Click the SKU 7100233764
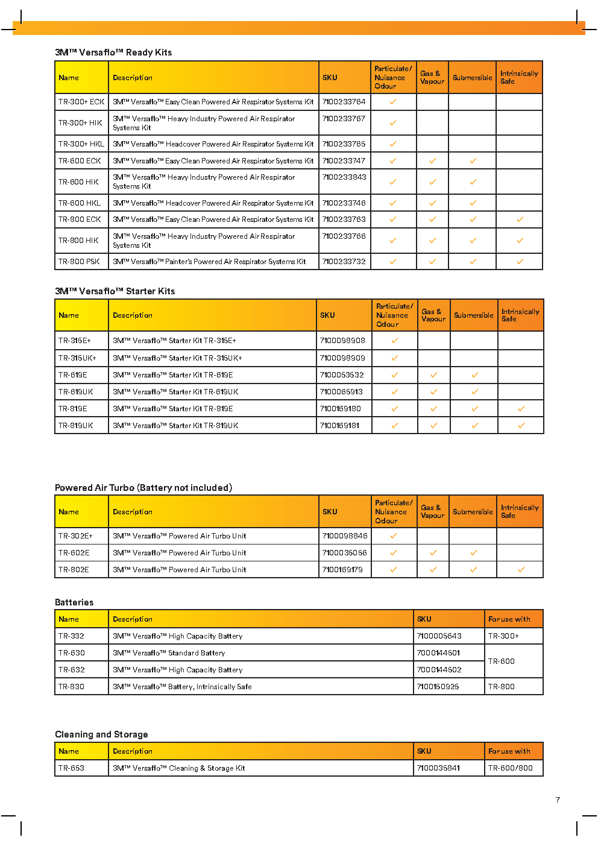click(344, 102)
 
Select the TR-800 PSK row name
click(79, 262)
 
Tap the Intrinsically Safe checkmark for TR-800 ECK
click(520, 219)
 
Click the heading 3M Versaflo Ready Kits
click(113, 52)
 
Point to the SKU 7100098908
click(342, 341)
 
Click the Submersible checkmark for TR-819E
click(474, 409)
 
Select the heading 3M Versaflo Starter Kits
click(115, 291)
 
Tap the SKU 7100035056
click(344, 553)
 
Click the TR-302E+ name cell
click(75, 536)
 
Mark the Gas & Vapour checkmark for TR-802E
click(433, 570)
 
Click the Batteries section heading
click(74, 602)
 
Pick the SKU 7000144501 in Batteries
click(438, 653)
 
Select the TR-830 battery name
click(71, 687)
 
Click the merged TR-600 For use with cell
click(502, 661)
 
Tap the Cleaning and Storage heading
click(101, 734)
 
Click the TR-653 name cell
click(71, 768)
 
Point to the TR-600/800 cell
click(510, 768)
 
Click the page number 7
click(558, 800)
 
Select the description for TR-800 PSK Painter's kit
click(209, 262)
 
